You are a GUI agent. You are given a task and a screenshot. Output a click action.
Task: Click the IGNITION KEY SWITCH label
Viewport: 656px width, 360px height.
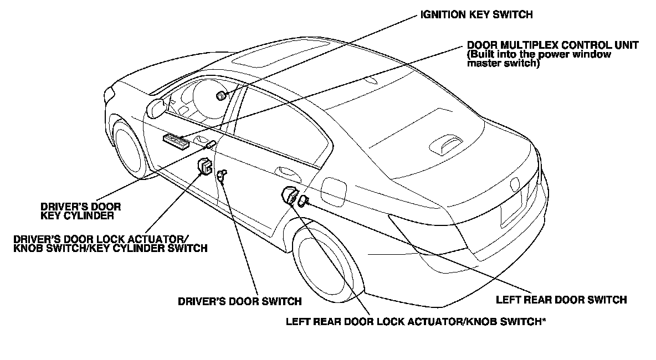tap(475, 16)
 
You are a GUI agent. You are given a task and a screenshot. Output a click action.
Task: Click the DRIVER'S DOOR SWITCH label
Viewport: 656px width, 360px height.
tap(239, 302)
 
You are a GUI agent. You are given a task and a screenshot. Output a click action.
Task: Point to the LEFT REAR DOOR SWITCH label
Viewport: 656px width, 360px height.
tap(561, 300)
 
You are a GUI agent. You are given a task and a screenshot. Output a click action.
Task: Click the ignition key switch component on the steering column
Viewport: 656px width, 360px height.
tap(221, 96)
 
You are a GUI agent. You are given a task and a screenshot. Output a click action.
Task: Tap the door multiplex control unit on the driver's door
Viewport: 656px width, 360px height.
tap(176, 141)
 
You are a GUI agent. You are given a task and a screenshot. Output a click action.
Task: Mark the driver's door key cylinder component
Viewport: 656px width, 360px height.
tap(211, 145)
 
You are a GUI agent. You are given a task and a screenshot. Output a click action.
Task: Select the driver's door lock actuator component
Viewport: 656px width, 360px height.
tap(206, 166)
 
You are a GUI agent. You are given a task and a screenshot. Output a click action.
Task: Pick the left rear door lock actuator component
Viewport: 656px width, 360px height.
tap(290, 196)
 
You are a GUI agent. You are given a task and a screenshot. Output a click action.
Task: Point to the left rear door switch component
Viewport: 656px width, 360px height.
tap(303, 200)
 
